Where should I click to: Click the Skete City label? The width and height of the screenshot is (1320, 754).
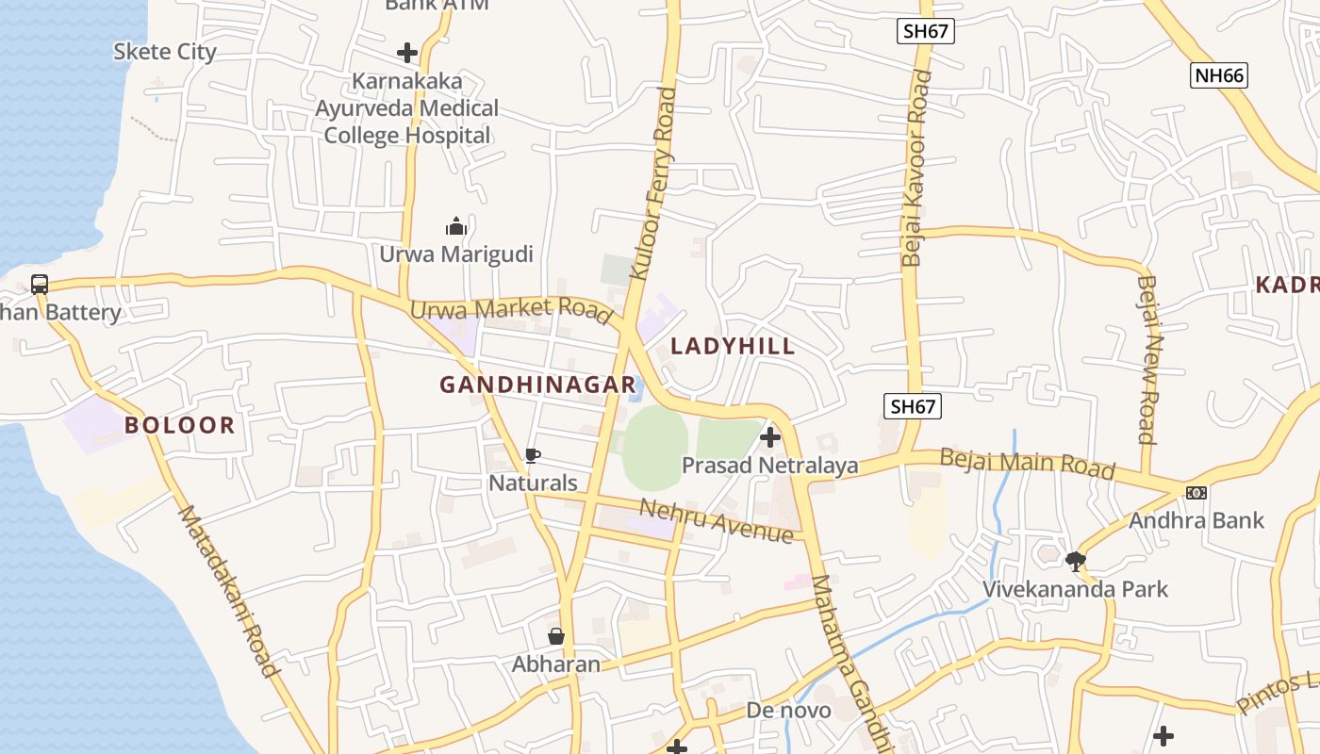click(x=165, y=52)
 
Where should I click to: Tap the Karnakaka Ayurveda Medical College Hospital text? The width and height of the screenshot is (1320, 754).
click(x=406, y=108)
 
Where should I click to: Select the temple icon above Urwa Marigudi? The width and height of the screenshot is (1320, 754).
click(x=456, y=226)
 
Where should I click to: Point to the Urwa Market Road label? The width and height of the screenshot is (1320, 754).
click(x=510, y=310)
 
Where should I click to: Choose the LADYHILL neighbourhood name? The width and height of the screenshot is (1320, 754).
click(x=733, y=346)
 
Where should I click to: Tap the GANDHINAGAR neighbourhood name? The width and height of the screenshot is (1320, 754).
click(x=537, y=385)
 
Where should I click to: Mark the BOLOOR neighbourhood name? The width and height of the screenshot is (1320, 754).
click(x=180, y=425)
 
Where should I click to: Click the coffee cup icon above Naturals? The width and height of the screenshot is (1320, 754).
click(x=533, y=457)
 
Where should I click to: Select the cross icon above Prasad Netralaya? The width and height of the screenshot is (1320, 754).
click(x=770, y=436)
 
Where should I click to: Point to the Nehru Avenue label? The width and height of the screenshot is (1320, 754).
click(x=717, y=520)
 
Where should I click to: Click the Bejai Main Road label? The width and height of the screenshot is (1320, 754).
click(x=1028, y=464)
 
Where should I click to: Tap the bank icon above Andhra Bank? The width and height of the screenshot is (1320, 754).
click(x=1196, y=493)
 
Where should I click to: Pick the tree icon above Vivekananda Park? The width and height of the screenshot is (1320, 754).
click(x=1075, y=562)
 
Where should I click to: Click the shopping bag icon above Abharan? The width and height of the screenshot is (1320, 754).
click(x=556, y=636)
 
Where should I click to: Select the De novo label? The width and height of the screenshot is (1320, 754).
click(x=788, y=710)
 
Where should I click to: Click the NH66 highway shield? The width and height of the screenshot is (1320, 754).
click(x=1218, y=75)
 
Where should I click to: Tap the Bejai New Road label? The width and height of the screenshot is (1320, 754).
click(x=1147, y=358)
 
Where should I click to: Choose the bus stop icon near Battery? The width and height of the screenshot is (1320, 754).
click(x=40, y=284)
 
